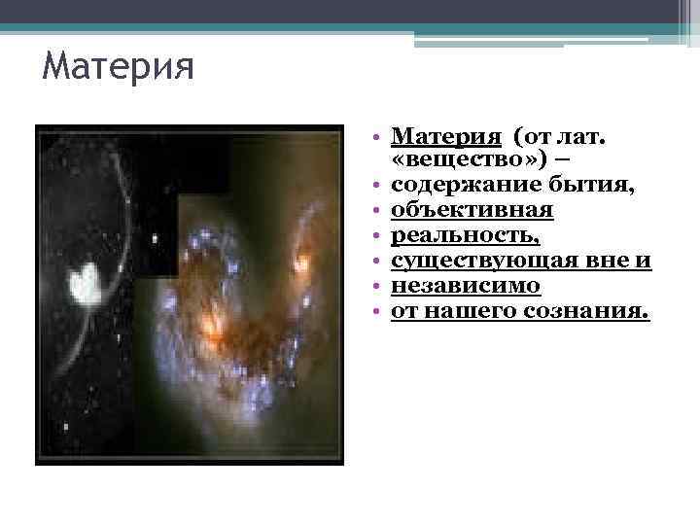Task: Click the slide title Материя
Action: point(120,69)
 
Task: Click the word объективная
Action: point(472,210)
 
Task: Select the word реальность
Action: point(465,235)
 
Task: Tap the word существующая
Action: point(481,261)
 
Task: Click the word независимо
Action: point(466,286)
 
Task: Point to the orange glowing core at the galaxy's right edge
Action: point(303,262)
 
